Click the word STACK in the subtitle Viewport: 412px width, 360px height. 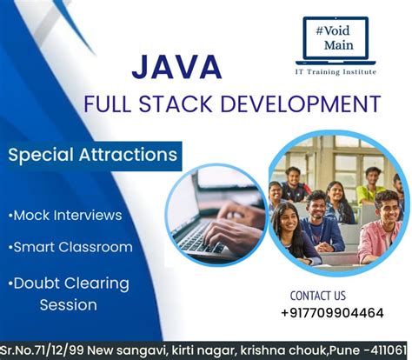tap(181, 104)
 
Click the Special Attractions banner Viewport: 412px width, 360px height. tap(91, 157)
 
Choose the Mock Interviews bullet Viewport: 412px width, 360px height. tap(66, 215)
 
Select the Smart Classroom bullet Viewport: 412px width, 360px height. tap(70, 247)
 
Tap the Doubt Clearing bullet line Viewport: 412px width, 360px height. tap(70, 283)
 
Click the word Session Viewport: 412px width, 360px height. tap(69, 304)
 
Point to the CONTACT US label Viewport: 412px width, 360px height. tap(317, 296)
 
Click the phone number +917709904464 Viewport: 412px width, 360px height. tap(332, 312)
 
